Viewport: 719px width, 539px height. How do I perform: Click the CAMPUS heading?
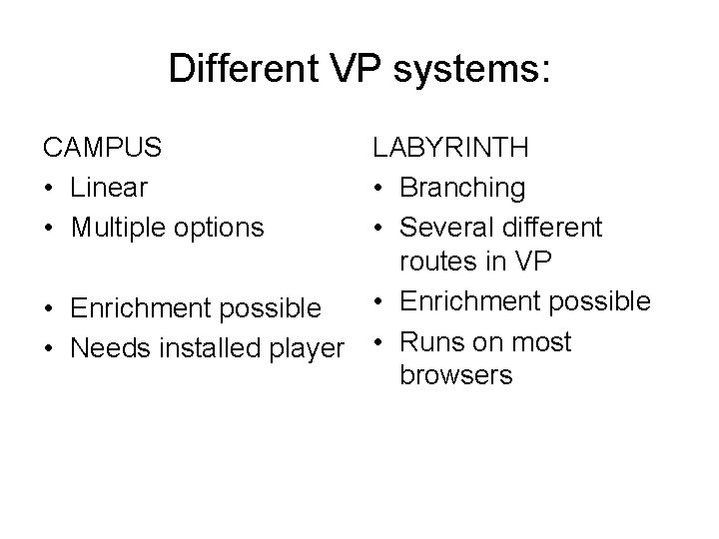tap(102, 148)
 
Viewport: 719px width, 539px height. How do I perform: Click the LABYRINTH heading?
tap(450, 148)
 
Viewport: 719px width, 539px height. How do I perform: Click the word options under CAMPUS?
tap(216, 228)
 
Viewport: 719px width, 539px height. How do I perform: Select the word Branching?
tap(462, 187)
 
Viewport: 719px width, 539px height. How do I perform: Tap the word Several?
tap(444, 227)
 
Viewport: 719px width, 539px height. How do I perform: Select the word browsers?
tap(455, 375)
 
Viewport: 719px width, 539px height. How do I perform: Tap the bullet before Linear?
tap(47, 188)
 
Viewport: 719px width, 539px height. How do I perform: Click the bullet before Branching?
tap(379, 188)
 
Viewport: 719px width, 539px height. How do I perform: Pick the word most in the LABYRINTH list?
tap(536, 341)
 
